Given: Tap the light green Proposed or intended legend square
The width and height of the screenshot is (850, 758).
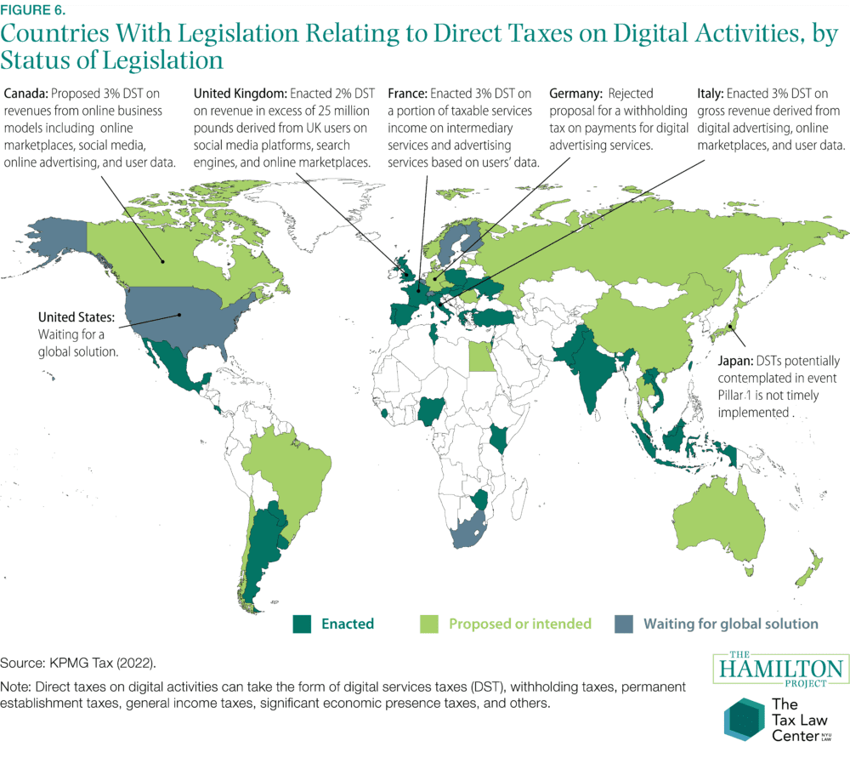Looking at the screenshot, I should [430, 624].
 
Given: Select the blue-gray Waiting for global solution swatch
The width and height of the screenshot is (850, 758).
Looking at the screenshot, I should [624, 624].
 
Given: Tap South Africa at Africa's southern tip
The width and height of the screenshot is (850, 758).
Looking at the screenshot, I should [473, 532].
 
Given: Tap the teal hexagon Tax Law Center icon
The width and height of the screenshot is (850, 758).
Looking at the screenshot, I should [742, 717].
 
